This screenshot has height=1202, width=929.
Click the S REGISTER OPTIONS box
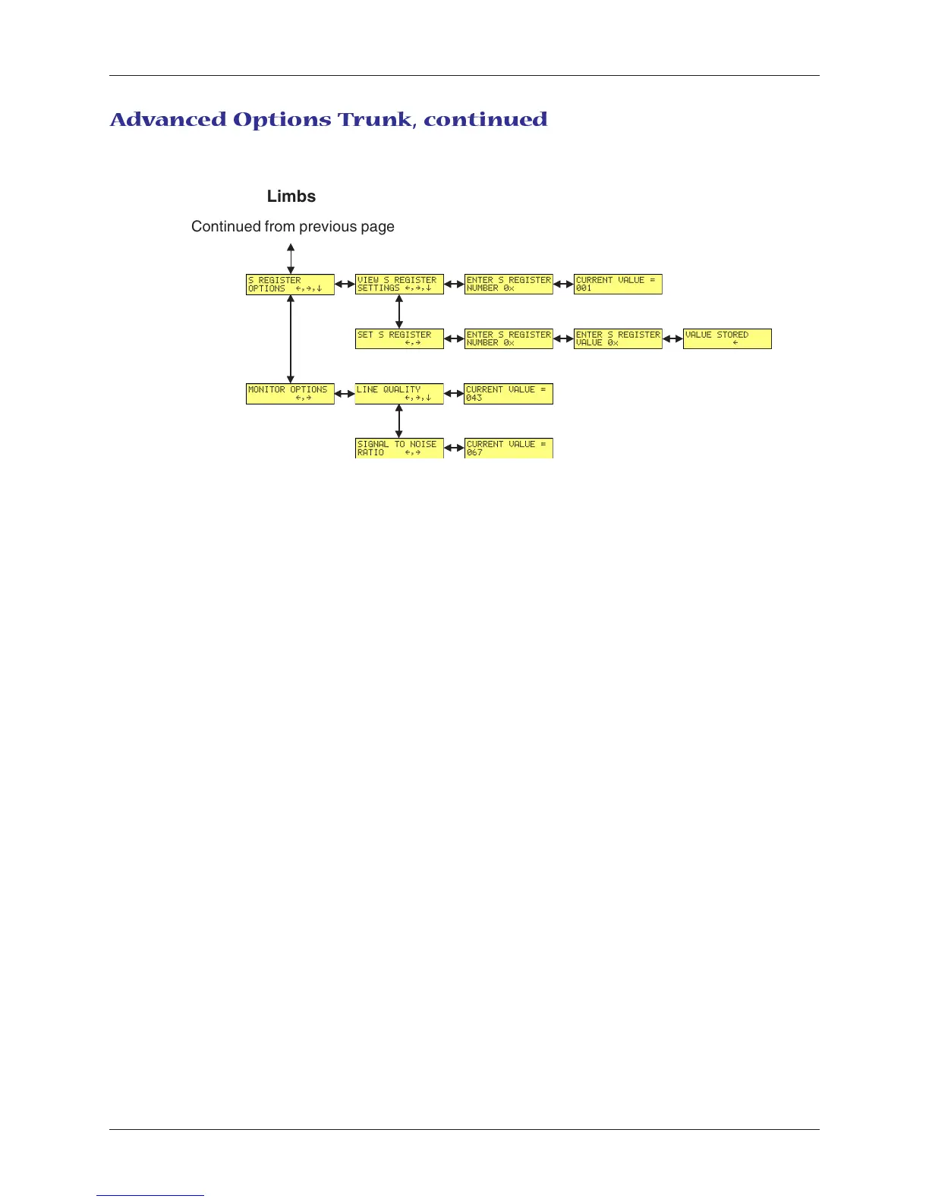click(x=290, y=285)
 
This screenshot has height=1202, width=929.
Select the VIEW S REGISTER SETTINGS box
click(x=399, y=285)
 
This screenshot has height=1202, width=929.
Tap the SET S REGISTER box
click(x=399, y=338)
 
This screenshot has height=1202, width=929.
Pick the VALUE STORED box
click(x=727, y=338)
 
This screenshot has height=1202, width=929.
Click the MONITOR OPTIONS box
click(x=290, y=394)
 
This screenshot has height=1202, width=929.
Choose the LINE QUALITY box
click(x=399, y=394)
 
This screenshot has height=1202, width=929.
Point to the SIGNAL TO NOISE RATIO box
click(x=399, y=448)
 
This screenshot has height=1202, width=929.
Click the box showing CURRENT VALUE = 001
click(x=618, y=285)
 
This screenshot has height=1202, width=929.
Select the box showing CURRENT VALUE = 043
click(x=509, y=394)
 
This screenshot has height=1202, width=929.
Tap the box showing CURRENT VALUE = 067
click(x=509, y=448)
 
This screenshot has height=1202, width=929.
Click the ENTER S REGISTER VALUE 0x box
click(x=618, y=338)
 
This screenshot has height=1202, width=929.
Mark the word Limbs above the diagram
click(x=291, y=197)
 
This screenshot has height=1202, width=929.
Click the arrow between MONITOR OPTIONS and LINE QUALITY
click(x=345, y=394)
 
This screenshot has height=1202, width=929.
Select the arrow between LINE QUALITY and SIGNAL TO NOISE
click(x=399, y=421)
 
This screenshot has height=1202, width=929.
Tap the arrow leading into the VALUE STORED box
click(x=672, y=339)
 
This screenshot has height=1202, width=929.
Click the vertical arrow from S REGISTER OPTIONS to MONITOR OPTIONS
click(x=291, y=339)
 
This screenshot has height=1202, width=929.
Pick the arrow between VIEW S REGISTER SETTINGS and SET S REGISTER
click(x=399, y=312)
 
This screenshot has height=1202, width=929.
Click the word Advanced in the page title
click(x=168, y=120)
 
